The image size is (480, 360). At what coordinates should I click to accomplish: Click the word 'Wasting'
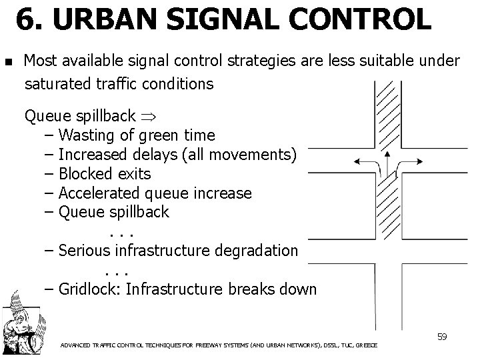click(89, 135)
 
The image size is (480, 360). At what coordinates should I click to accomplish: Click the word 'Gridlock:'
click(89, 289)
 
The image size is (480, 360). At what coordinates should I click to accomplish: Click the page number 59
click(441, 337)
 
